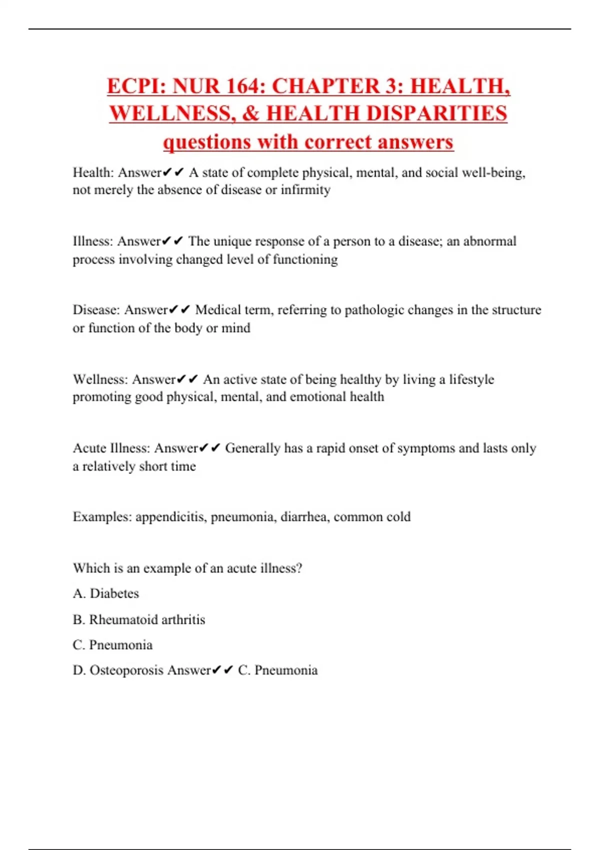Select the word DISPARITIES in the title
click(x=436, y=113)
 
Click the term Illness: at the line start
click(x=93, y=241)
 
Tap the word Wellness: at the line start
click(x=100, y=379)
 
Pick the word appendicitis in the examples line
click(x=171, y=517)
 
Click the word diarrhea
click(x=304, y=517)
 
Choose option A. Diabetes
click(x=106, y=593)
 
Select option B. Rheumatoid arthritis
click(x=139, y=620)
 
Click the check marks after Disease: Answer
click(x=179, y=310)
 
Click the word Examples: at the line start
click(x=102, y=517)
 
